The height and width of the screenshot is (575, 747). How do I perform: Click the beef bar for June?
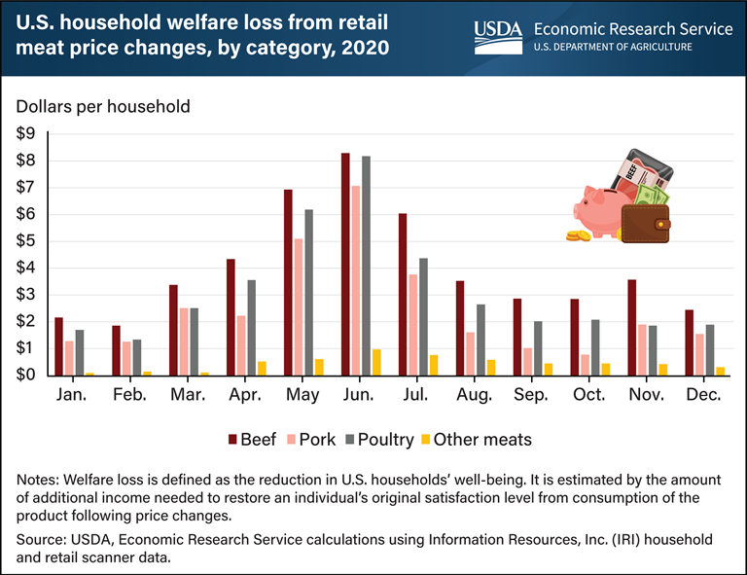click(x=345, y=264)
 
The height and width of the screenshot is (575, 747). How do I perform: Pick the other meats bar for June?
click(x=376, y=362)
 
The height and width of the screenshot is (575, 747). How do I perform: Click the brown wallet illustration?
click(x=645, y=223)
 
